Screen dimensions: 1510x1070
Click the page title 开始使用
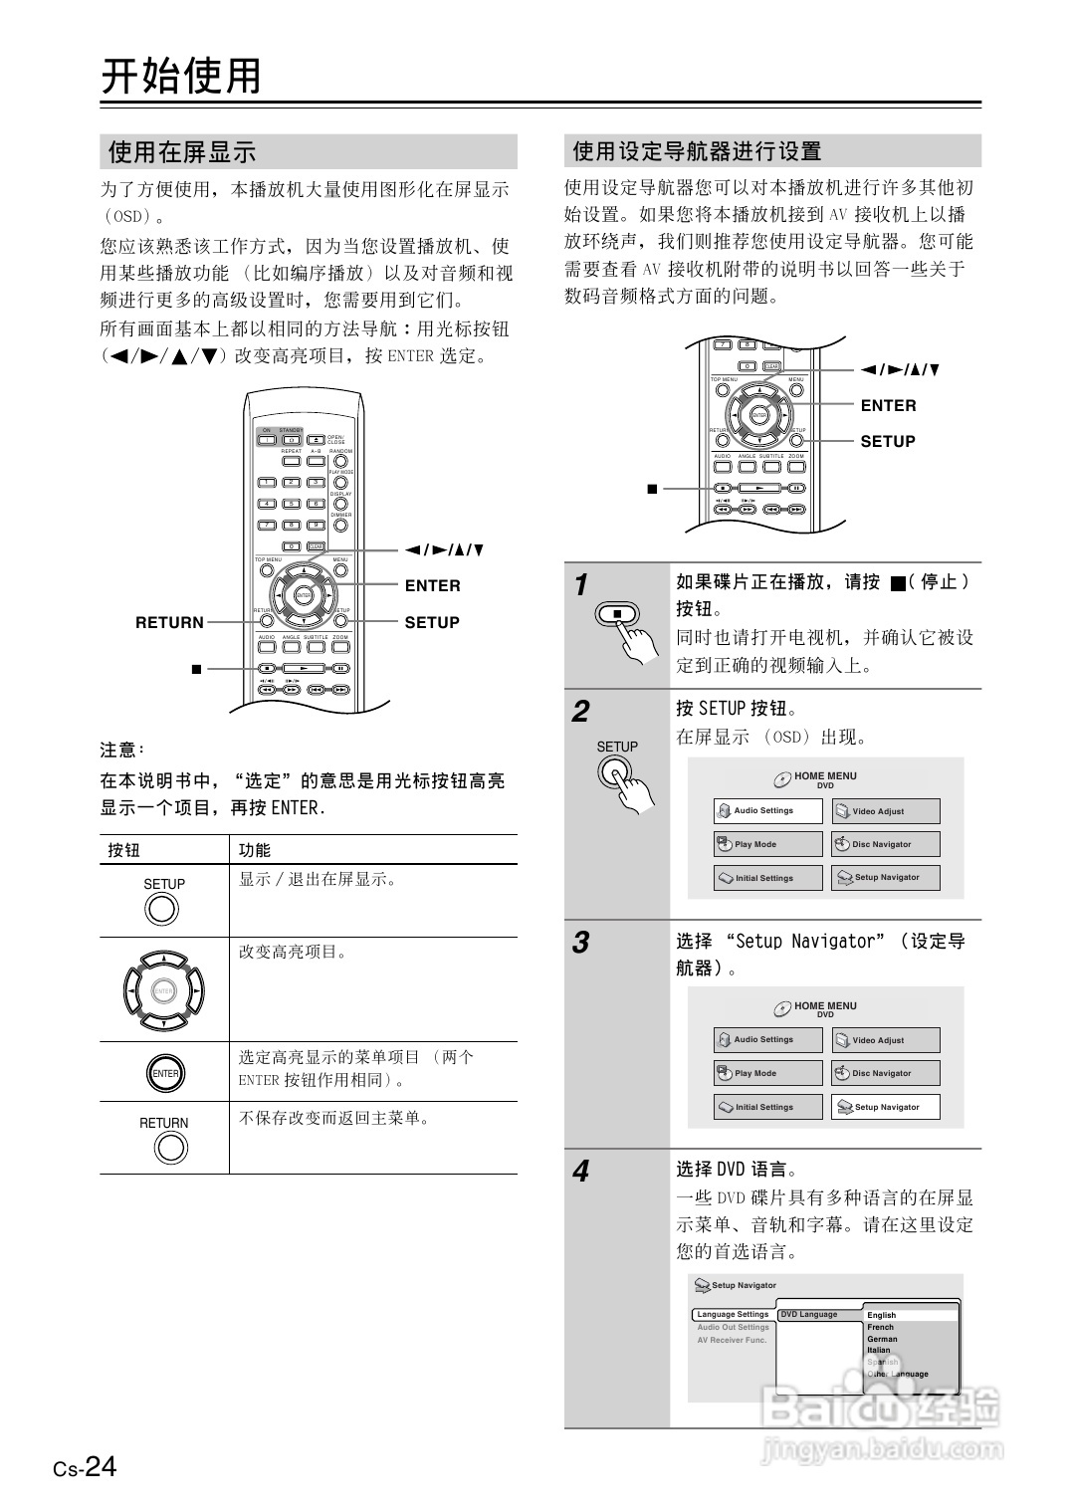pos(181,77)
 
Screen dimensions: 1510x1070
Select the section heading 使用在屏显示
pos(182,152)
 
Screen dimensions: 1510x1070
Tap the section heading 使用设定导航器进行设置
pos(697,151)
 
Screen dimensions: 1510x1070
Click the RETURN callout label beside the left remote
pos(169,623)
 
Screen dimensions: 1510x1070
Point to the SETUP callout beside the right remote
pos(887,442)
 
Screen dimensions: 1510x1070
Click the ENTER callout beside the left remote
pos(432,586)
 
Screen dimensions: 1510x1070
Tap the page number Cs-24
pos(86,1467)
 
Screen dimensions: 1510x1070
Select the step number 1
pos(581,585)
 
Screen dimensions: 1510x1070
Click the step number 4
pos(580,1172)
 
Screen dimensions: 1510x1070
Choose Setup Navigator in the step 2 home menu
pos(885,878)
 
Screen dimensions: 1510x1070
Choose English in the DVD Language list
pos(881,1315)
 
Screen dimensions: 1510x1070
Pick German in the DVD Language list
pos(882,1339)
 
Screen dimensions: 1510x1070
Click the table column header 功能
pos(255,850)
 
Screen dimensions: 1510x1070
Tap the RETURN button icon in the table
pos(164,1148)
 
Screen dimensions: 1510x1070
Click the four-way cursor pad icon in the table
pos(163,991)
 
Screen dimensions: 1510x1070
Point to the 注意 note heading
pos(122,750)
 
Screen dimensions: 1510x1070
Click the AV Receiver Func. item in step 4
pos(732,1340)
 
